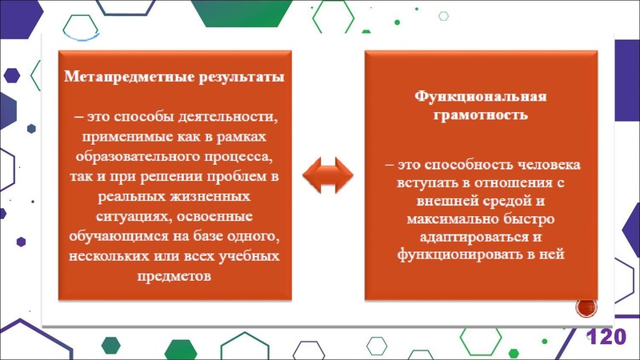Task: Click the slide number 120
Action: point(606,337)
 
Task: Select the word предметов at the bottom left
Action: point(174,277)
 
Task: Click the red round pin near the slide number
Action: point(586,306)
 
